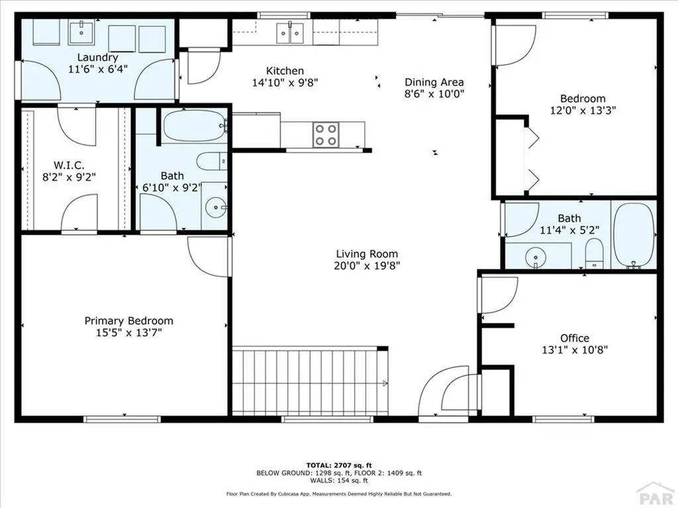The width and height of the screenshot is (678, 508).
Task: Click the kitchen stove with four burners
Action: pos(325,135)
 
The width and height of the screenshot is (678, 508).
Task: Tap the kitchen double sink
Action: pos(290,32)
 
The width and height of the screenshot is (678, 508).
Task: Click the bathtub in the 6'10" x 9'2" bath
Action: pos(193,126)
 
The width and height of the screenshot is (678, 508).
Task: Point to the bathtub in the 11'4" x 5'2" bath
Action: pos(634,234)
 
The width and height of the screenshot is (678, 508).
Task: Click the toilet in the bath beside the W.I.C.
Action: pos(211,162)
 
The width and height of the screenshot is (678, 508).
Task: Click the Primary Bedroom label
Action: pos(128,321)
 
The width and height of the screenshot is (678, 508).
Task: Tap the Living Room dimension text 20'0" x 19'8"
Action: pos(367,266)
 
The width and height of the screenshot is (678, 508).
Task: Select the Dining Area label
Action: pos(434,83)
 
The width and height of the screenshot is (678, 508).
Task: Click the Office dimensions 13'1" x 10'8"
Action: pos(574,350)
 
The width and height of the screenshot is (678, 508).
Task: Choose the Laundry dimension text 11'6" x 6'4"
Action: pos(97,69)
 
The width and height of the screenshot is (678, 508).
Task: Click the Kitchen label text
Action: pos(285,71)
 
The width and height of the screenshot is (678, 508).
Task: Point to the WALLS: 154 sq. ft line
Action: pos(338,481)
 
